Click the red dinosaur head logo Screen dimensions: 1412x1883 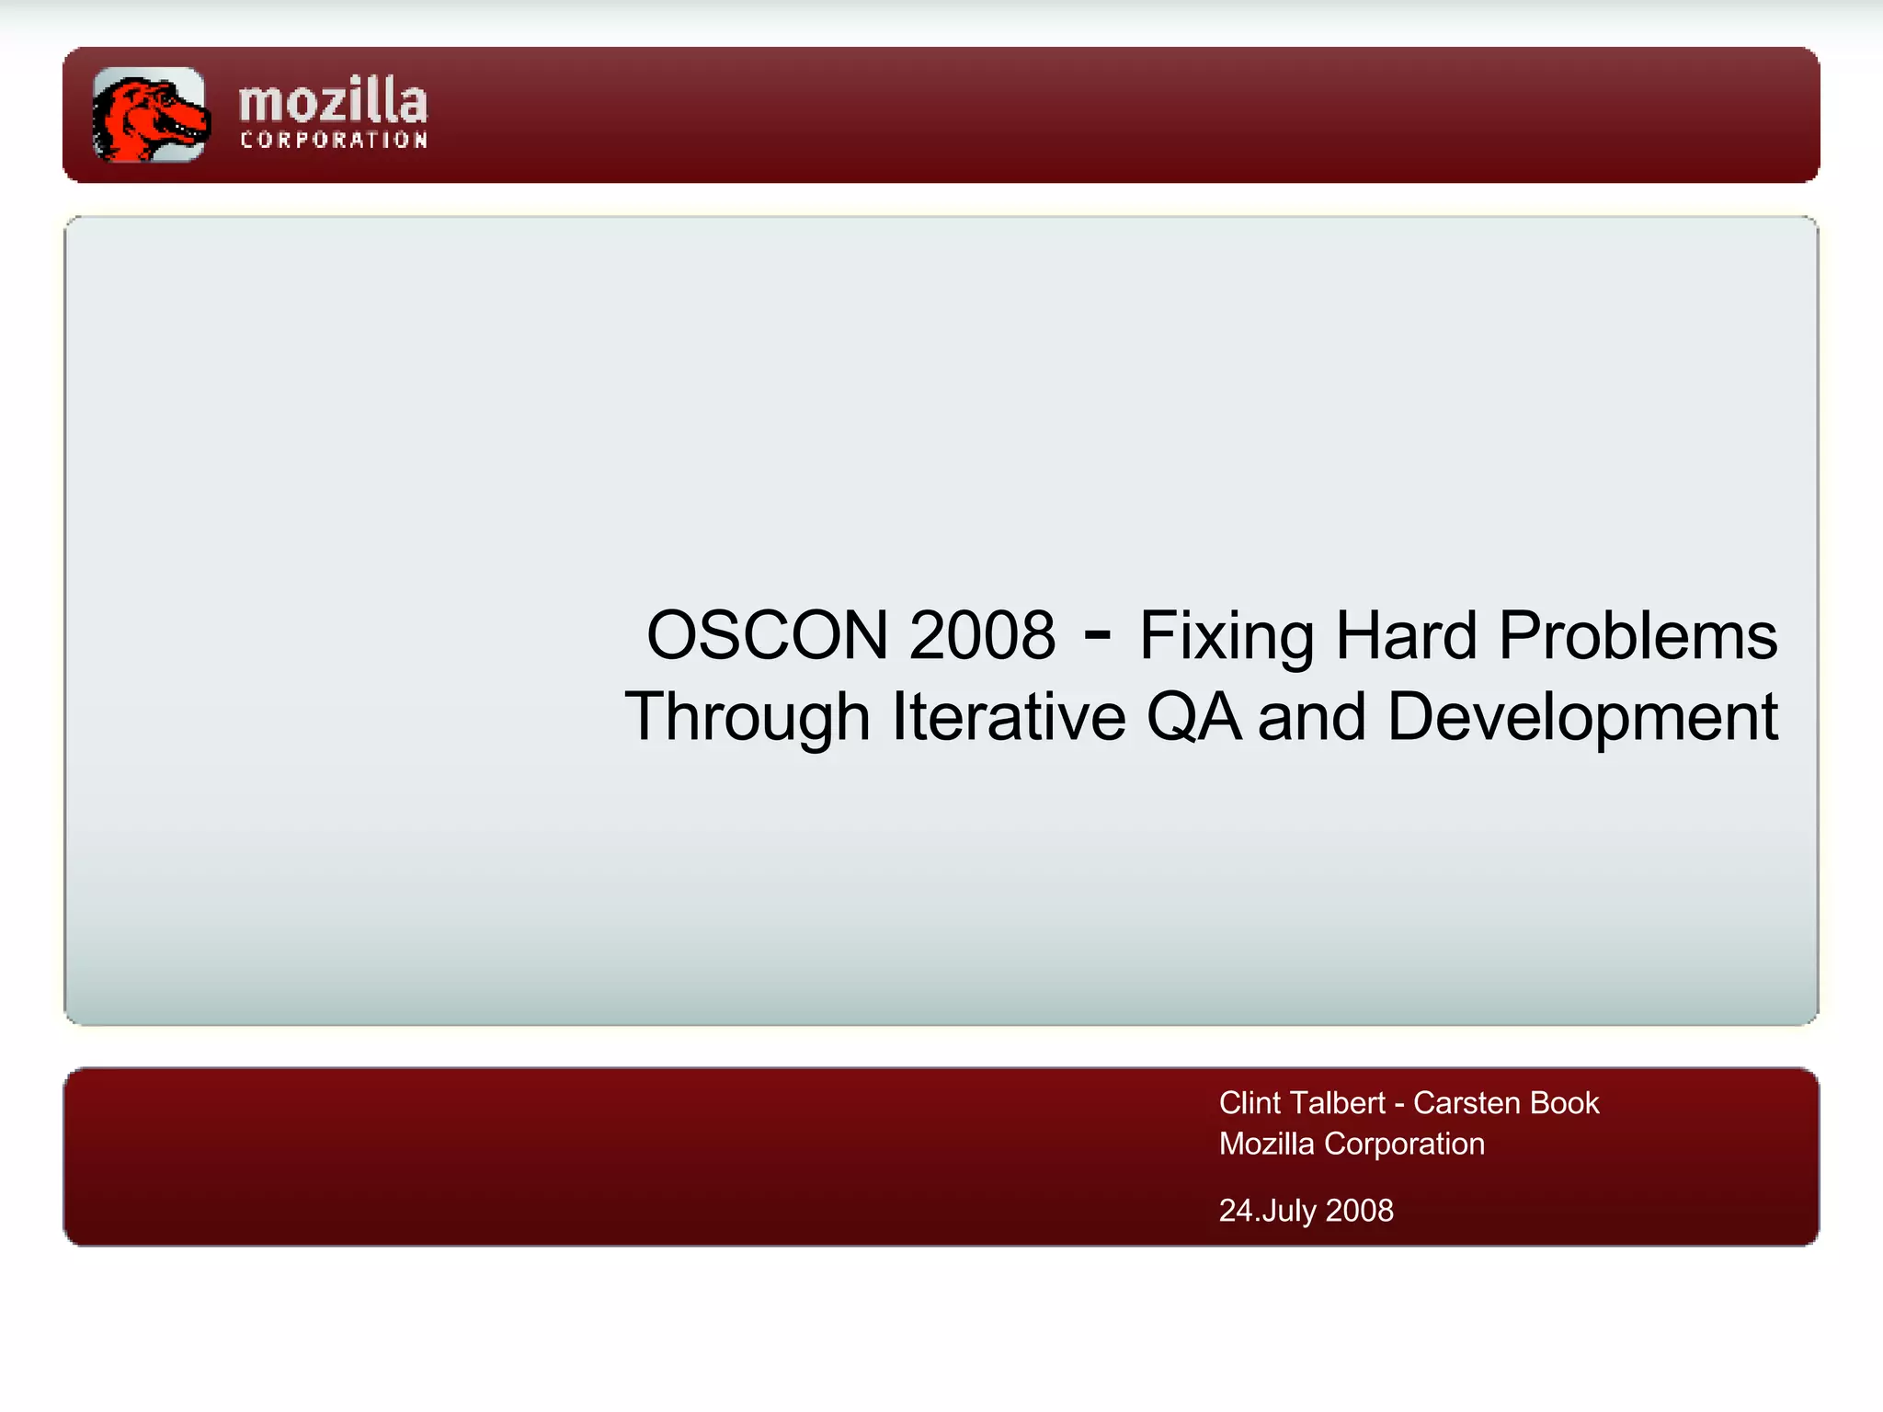click(x=149, y=115)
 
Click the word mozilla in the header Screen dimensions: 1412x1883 click(x=333, y=101)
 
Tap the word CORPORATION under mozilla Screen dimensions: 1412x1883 click(x=334, y=141)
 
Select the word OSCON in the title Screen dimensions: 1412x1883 click(x=768, y=635)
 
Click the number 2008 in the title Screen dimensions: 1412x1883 click(x=982, y=635)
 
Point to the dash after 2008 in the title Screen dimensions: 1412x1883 click(x=1097, y=633)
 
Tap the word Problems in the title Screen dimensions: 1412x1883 click(x=1638, y=635)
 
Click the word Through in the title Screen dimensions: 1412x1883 click(x=747, y=718)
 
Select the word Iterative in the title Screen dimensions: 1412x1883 click(x=1009, y=718)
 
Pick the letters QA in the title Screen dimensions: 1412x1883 click(x=1193, y=718)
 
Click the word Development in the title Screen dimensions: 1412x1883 click(x=1581, y=718)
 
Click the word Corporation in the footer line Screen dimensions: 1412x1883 click(x=1404, y=1144)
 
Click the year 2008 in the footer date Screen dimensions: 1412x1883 click(x=1359, y=1211)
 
